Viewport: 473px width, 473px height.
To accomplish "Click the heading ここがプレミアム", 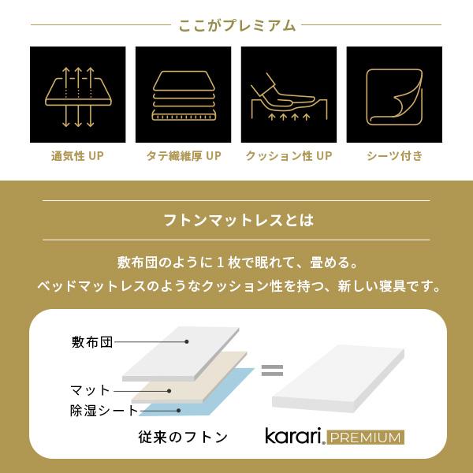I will tap(236, 25).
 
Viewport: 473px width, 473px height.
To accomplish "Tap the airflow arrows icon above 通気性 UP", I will tap(77, 95).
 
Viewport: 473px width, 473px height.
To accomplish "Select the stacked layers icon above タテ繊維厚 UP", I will tap(183, 95).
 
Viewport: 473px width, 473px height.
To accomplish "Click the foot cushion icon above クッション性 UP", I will tap(289, 95).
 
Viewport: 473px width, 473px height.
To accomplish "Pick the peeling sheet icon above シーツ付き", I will tap(394, 95).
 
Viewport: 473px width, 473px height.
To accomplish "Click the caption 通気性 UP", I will tap(77, 156).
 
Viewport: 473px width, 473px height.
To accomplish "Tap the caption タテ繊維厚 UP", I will tap(183, 156).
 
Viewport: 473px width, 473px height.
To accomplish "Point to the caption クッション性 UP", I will tap(289, 156).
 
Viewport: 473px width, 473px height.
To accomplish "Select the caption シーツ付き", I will tap(394, 156).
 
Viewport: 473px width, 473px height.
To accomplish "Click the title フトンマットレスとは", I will tap(236, 220).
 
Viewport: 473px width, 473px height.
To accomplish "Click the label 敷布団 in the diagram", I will tap(92, 342).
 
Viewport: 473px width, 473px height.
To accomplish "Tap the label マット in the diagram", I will tap(90, 390).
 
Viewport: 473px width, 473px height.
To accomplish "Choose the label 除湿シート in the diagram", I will tap(103, 411).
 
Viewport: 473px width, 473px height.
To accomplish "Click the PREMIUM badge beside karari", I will tap(365, 437).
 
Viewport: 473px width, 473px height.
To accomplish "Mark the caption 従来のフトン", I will tap(182, 436).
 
